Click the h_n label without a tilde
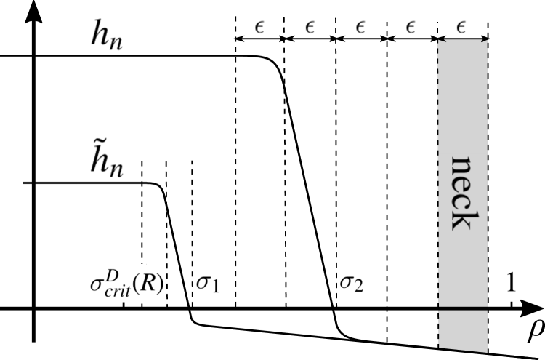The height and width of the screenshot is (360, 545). pyautogui.click(x=105, y=32)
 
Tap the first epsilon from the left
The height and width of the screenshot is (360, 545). pyautogui.click(x=259, y=25)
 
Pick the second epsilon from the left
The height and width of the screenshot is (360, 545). pyautogui.click(x=310, y=25)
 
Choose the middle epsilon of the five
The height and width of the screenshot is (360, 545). pyautogui.click(x=360, y=25)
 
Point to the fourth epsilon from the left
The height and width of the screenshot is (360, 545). pyautogui.click(x=411, y=25)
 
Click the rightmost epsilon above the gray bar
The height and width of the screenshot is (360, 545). pyautogui.click(x=461, y=25)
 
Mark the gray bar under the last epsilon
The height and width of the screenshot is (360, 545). pyautogui.click(x=461, y=44)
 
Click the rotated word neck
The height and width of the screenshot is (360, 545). pyautogui.click(x=464, y=193)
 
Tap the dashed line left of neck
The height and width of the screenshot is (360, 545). pyautogui.click(x=437, y=193)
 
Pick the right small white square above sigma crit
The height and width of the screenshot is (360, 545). pyautogui.click(x=155, y=255)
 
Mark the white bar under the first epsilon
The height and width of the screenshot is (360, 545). pyautogui.click(x=259, y=44)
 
